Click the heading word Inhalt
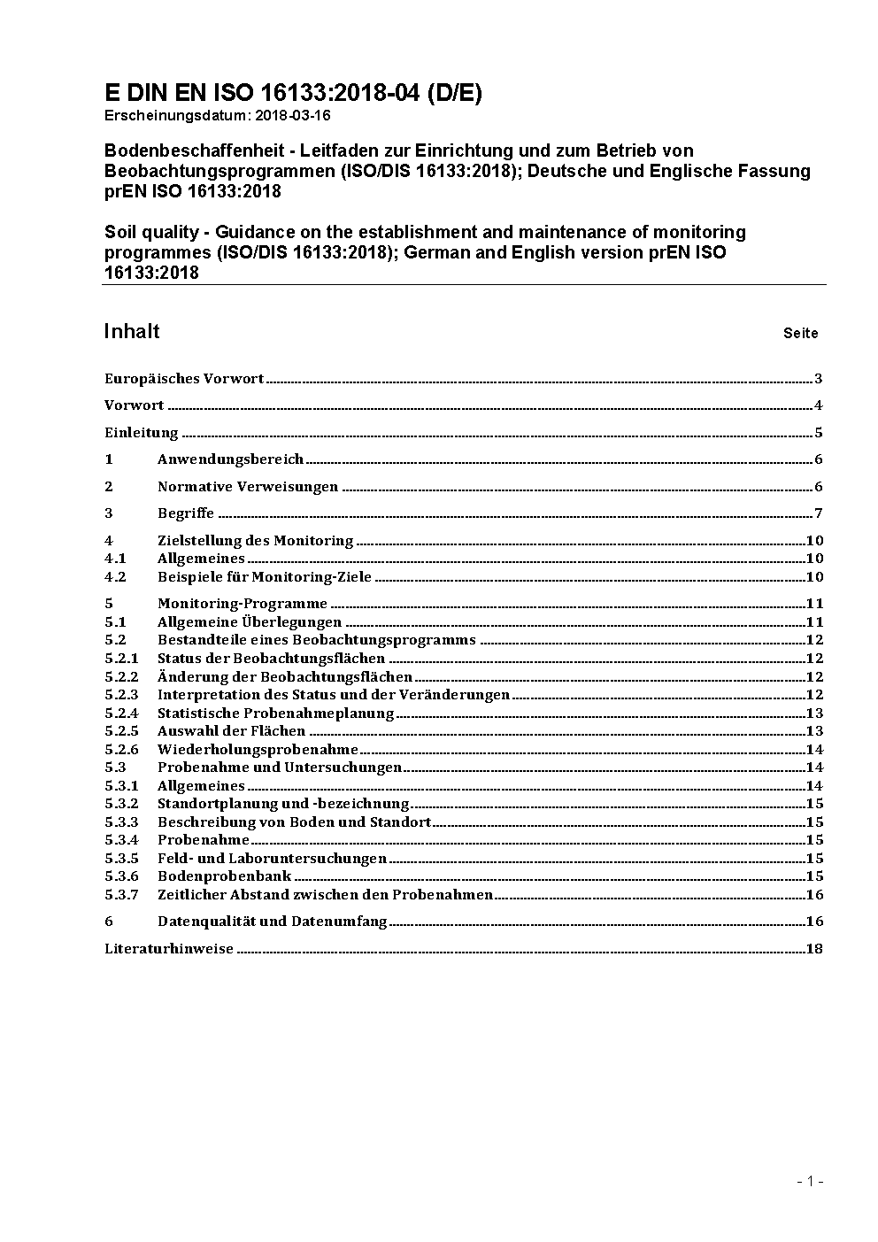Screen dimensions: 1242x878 tap(132, 331)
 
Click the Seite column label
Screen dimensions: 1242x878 tap(800, 334)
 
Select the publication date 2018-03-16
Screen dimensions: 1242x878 tap(293, 115)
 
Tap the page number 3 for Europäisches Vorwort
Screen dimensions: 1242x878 tap(819, 379)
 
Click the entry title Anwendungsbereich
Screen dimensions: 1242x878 tap(230, 459)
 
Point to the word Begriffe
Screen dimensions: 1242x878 tap(186, 513)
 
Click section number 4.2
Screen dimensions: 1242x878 tap(115, 577)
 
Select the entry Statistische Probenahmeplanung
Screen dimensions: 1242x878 tap(275, 714)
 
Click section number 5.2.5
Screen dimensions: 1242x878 tap(121, 731)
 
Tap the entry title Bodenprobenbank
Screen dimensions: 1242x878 tap(224, 876)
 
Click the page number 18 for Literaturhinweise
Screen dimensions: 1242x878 tap(814, 949)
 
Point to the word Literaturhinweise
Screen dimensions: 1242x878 tap(169, 949)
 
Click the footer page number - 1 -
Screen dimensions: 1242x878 tap(810, 1181)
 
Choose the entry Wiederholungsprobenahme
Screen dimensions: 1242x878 tap(258, 750)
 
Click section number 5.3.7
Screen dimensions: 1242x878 tap(121, 895)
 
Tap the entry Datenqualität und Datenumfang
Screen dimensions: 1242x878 tap(273, 922)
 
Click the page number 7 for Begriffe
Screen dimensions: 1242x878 tap(819, 513)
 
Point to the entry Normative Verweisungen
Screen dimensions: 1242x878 tap(248, 487)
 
